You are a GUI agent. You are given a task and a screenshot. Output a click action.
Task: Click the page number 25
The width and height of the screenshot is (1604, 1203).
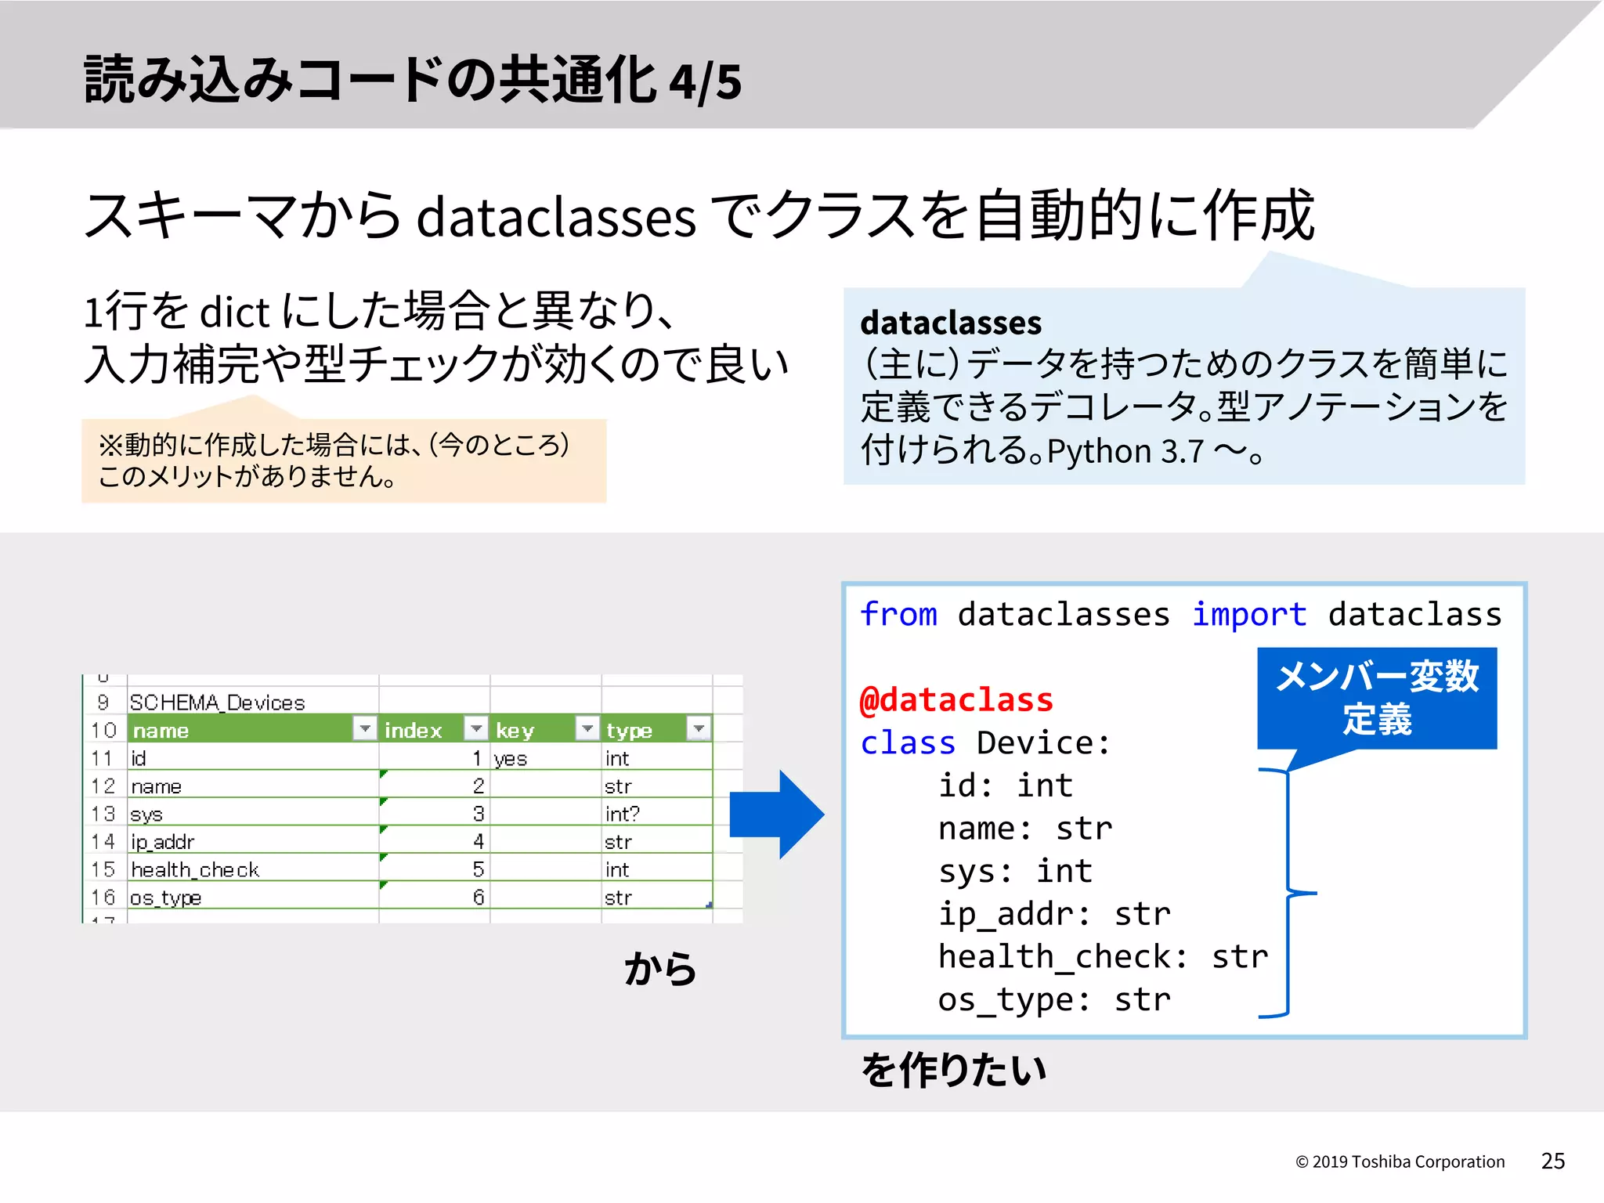pyautogui.click(x=1552, y=1161)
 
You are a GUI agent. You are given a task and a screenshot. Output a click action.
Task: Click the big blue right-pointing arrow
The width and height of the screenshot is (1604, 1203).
pyautogui.click(x=775, y=815)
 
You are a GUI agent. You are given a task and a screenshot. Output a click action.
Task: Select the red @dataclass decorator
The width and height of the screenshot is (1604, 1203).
pyautogui.click(x=956, y=699)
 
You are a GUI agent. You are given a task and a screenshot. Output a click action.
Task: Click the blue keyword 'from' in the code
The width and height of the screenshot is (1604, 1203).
pyautogui.click(x=898, y=614)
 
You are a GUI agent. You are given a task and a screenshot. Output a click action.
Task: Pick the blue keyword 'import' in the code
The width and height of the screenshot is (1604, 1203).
pyautogui.click(x=1249, y=614)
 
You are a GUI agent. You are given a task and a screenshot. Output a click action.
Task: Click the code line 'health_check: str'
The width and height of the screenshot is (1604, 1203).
pyautogui.click(x=1103, y=956)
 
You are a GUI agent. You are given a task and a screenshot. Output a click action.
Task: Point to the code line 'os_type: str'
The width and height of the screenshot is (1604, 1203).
pyautogui.click(x=1054, y=999)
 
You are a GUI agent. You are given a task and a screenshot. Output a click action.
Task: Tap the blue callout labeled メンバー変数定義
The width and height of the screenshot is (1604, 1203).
pyautogui.click(x=1377, y=697)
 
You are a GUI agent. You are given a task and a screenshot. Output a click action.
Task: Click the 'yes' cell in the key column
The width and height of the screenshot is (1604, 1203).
pyautogui.click(x=511, y=758)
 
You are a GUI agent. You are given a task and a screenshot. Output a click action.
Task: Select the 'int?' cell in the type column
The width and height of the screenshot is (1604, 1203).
pyautogui.click(x=623, y=814)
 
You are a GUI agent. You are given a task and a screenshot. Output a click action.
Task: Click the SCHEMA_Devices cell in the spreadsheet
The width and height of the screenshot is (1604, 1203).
pyautogui.click(x=218, y=703)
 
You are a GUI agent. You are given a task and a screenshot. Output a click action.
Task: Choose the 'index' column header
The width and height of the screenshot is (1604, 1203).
pyautogui.click(x=414, y=730)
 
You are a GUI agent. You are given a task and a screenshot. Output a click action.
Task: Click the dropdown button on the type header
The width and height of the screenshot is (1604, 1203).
pyautogui.click(x=699, y=728)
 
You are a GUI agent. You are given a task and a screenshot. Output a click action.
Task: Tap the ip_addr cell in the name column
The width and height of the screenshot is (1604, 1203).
pyautogui.click(x=163, y=842)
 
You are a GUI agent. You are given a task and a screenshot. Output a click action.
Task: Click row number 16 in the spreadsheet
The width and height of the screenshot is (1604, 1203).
pyautogui.click(x=103, y=897)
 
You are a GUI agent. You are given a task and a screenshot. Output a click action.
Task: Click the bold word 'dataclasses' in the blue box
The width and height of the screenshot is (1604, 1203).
pyautogui.click(x=951, y=323)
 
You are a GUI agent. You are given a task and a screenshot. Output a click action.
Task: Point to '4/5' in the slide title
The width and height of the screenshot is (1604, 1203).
pyautogui.click(x=705, y=81)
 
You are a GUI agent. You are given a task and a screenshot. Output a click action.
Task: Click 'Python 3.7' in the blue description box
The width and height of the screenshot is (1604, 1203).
pyautogui.click(x=1125, y=451)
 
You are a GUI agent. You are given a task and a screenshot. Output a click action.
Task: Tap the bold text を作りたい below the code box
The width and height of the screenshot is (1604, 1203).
pyautogui.click(x=953, y=1070)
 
